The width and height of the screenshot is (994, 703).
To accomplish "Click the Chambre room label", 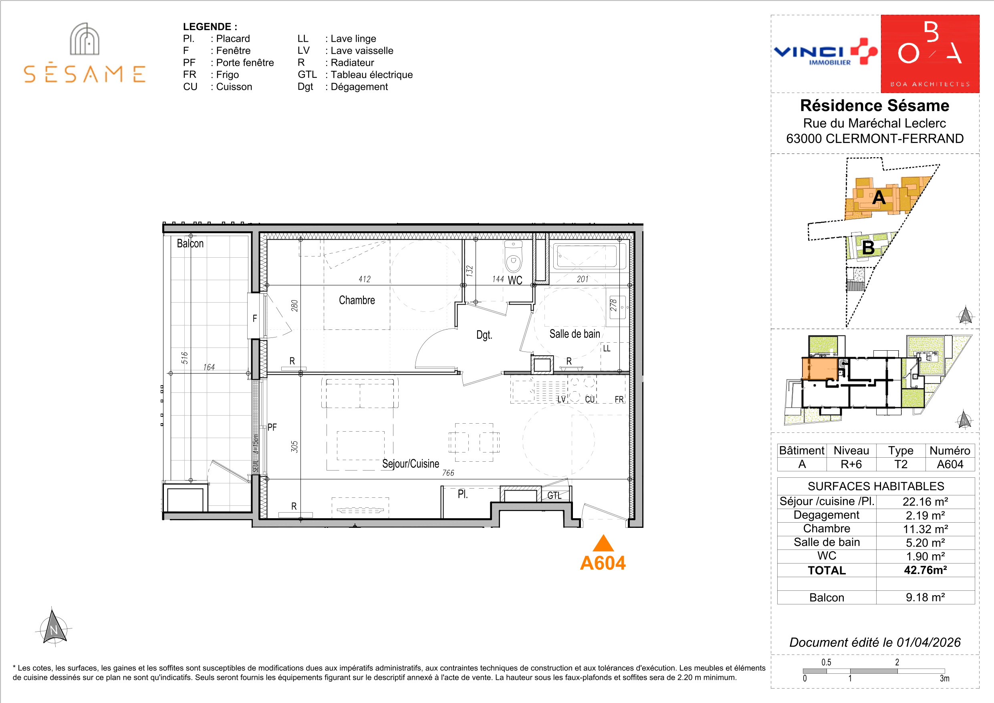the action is pos(357,300).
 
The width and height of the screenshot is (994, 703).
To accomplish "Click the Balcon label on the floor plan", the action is pos(190,243).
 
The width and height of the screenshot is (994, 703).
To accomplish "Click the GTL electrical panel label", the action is pos(554,495).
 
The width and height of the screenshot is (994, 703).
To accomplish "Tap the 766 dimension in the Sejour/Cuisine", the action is pos(448,473).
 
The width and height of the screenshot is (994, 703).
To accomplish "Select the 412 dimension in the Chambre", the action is pos(365,279).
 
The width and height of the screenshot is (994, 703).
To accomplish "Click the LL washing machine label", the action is pos(607,349).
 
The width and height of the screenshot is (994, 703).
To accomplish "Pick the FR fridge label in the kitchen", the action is pos(619,399).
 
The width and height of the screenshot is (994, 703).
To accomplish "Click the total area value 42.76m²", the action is pos(925,570).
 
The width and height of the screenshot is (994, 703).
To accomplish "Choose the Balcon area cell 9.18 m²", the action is pos(925,597).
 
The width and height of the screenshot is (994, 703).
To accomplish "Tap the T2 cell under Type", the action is pos(901,465).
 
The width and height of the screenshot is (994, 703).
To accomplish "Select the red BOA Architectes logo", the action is pos(930,54).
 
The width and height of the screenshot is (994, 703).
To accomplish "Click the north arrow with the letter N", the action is pos(54,628).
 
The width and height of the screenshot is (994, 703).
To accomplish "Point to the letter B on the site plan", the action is pos(868,248).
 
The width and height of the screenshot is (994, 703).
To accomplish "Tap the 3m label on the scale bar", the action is pos(944,678).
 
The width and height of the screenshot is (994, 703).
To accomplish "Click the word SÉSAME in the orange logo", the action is pos(85,74).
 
